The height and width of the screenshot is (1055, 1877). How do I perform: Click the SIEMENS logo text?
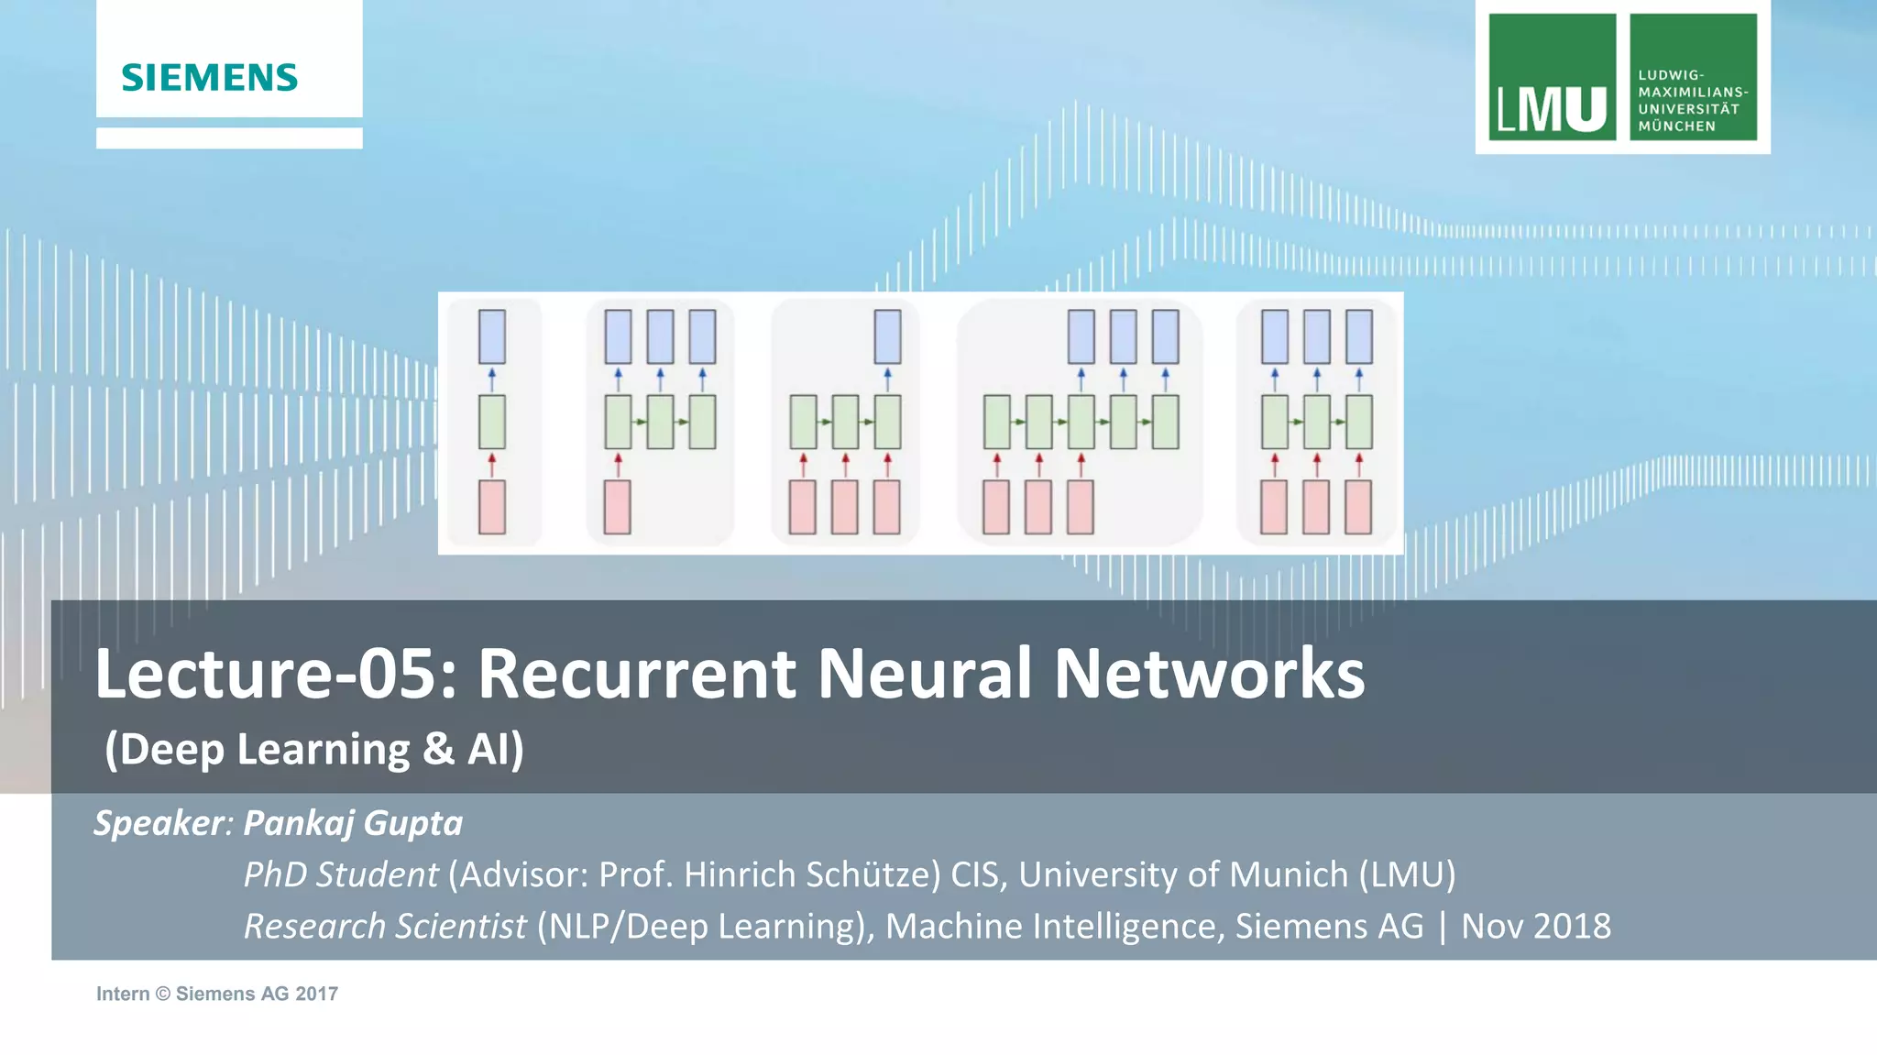click(x=210, y=78)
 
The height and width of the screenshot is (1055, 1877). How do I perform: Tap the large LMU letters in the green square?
click(x=1552, y=109)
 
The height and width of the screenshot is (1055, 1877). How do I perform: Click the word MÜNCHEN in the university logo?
click(x=1676, y=126)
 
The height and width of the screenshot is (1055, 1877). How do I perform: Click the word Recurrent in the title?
click(x=637, y=674)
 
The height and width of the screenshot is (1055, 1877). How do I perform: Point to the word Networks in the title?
click(x=1209, y=674)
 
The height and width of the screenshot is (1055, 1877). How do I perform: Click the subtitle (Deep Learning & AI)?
click(x=313, y=749)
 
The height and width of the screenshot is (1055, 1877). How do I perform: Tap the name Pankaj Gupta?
click(x=353, y=823)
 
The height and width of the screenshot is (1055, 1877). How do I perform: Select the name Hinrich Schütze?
click(x=812, y=874)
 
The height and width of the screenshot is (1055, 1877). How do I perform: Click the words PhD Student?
click(x=341, y=874)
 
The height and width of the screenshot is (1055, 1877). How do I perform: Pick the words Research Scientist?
click(x=385, y=926)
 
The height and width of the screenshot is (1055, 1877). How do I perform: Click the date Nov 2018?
click(x=1535, y=926)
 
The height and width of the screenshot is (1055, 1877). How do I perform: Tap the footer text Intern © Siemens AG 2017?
click(x=217, y=994)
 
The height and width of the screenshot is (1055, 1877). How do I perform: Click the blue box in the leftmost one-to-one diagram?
click(x=492, y=336)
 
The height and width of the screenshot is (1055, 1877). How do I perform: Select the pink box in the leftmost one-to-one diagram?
click(x=492, y=507)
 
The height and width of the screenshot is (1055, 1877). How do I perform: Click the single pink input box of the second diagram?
click(x=617, y=507)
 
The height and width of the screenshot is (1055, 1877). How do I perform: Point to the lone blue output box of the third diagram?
click(x=887, y=336)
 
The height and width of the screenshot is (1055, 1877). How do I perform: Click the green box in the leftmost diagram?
click(x=492, y=422)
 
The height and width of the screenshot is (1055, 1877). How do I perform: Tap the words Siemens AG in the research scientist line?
click(x=1329, y=926)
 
